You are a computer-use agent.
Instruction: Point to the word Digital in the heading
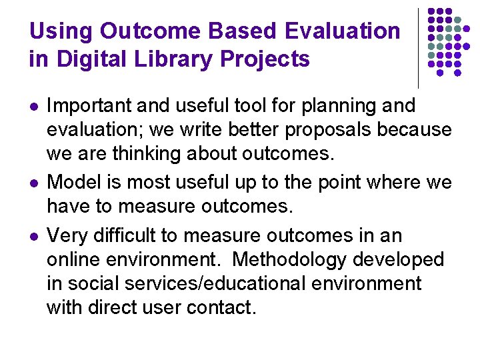point(94,59)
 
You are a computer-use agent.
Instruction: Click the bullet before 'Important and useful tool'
point(33,106)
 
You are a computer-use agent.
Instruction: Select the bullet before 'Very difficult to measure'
point(33,236)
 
